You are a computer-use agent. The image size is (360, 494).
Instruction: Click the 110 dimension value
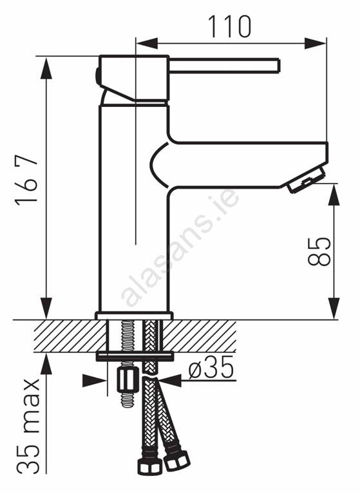[x=229, y=27]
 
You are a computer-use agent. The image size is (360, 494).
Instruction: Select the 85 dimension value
[x=319, y=251]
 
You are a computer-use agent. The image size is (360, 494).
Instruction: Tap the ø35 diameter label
[x=212, y=367]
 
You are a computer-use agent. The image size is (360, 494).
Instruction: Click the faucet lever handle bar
[x=224, y=66]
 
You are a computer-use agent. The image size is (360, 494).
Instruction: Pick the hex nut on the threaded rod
[x=128, y=380]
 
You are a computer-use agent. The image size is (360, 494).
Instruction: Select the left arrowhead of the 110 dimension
[x=146, y=43]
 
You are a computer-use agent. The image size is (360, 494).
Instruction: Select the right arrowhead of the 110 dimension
[x=316, y=43]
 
